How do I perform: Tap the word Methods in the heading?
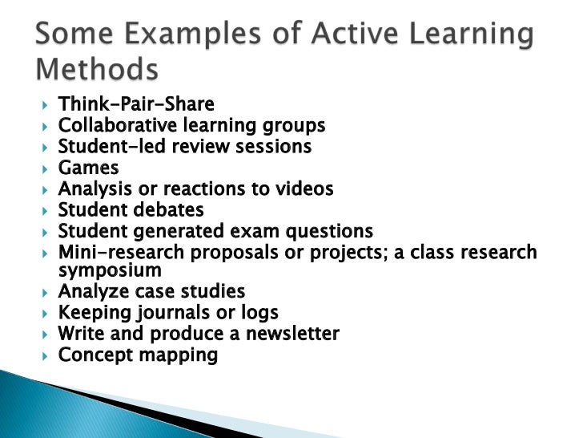[x=97, y=71]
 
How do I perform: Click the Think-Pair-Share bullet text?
[x=136, y=105]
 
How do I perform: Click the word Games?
[x=88, y=168]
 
